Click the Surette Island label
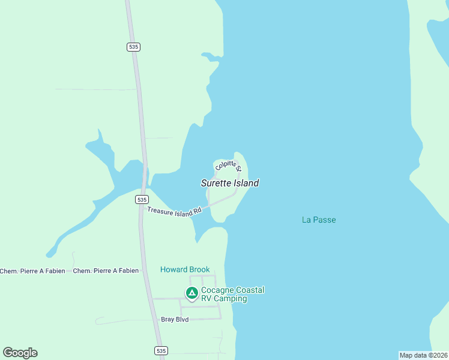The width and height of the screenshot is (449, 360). (230, 183)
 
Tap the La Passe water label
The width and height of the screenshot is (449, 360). (319, 220)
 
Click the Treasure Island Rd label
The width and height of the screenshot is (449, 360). (174, 212)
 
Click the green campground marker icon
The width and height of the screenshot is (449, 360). (191, 293)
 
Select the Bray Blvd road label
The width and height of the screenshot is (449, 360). (175, 319)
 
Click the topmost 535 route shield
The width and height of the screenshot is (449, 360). (134, 47)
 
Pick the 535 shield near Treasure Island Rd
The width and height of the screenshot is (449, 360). (142, 199)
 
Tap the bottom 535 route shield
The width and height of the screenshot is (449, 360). (160, 350)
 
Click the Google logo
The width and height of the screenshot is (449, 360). (20, 353)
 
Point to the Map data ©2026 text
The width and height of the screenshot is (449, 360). (423, 355)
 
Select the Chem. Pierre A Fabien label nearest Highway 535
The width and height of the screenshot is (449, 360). (106, 271)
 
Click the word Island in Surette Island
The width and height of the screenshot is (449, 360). (247, 183)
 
